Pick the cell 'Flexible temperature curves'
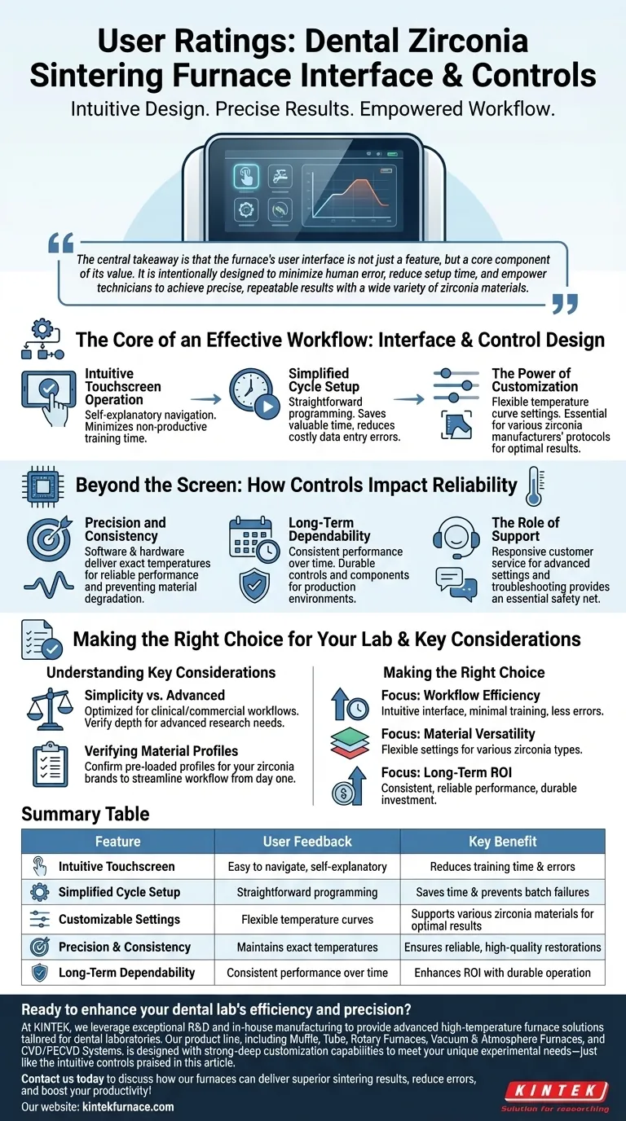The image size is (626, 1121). tap(307, 919)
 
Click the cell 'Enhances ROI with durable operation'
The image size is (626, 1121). tap(502, 972)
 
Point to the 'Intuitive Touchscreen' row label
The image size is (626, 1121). tap(117, 867)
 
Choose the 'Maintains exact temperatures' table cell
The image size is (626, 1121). tap(307, 947)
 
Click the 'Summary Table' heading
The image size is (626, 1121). tap(86, 814)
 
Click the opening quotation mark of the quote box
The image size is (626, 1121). tap(61, 242)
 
